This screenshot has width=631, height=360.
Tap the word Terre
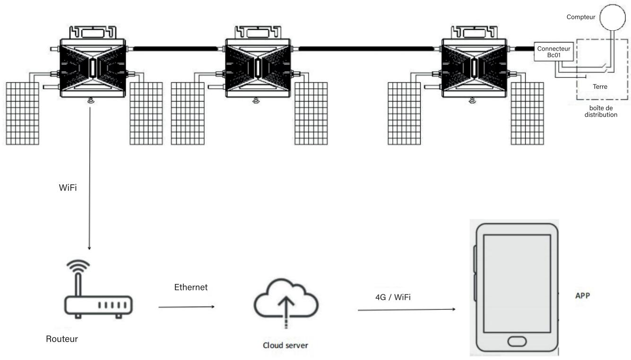click(600, 87)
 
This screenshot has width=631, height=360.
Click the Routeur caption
click(62, 338)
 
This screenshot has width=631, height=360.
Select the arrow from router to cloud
click(187, 307)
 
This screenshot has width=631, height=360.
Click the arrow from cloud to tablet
click(406, 309)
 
